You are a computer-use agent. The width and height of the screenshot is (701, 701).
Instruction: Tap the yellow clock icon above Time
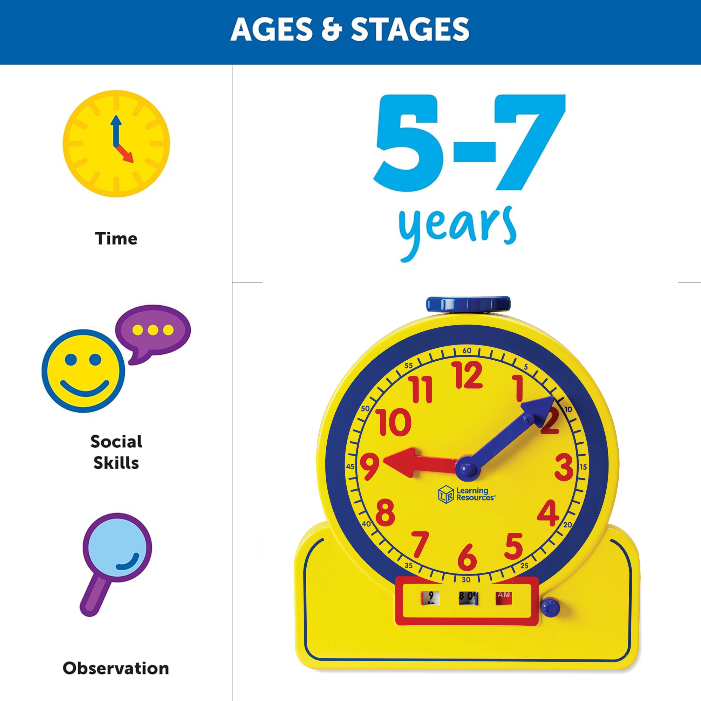pyautogui.click(x=116, y=144)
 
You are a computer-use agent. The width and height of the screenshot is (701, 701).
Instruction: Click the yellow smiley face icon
pyautogui.click(x=83, y=371)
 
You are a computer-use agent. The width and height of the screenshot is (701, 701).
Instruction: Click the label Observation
pyautogui.click(x=116, y=668)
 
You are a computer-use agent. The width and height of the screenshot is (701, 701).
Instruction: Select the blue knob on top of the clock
pyautogui.click(x=468, y=304)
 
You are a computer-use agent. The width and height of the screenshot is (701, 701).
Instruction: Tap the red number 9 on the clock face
pyautogui.click(x=370, y=466)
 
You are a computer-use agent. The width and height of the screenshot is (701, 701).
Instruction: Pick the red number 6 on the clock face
pyautogui.click(x=467, y=557)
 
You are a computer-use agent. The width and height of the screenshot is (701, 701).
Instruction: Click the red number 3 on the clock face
pyautogui.click(x=564, y=467)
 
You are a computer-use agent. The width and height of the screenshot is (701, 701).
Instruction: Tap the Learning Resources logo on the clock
pyautogui.click(x=466, y=494)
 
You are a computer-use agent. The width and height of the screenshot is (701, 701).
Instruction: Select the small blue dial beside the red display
pyautogui.click(x=550, y=607)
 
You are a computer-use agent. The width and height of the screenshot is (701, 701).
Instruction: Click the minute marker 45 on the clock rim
pyautogui.click(x=350, y=467)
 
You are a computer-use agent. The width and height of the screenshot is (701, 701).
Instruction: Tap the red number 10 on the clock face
pyautogui.click(x=394, y=422)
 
